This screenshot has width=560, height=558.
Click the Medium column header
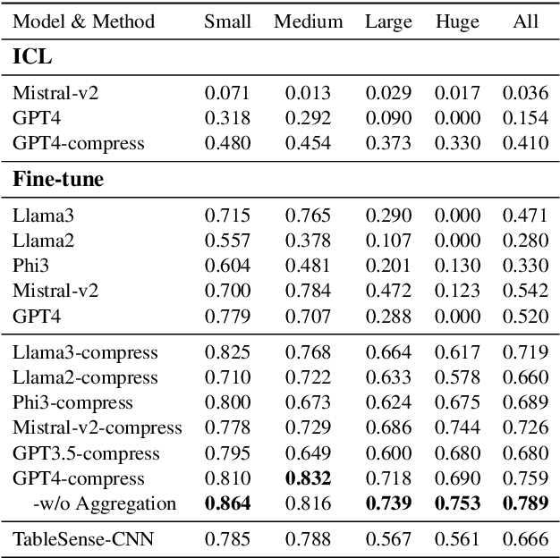(309, 21)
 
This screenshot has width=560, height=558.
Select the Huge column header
(456, 21)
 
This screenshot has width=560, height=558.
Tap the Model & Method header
(84, 21)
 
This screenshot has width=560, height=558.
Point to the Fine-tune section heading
(58, 179)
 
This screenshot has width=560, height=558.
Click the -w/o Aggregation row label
(92, 503)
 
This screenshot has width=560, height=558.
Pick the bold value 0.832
(309, 478)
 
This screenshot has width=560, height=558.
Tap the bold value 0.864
(228, 503)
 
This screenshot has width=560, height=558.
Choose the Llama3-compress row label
(85, 352)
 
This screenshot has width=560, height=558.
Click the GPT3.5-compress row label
(86, 453)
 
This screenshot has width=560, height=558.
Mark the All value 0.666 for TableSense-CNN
(526, 537)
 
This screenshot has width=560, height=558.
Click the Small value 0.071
(228, 92)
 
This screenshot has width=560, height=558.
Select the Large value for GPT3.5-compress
(387, 453)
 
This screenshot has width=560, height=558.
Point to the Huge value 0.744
(456, 428)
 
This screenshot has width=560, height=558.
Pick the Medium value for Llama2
(309, 240)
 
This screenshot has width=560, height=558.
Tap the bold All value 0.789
(526, 503)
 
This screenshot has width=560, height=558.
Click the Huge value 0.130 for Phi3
(456, 265)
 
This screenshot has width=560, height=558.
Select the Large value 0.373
(387, 142)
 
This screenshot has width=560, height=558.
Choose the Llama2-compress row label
(85, 377)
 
